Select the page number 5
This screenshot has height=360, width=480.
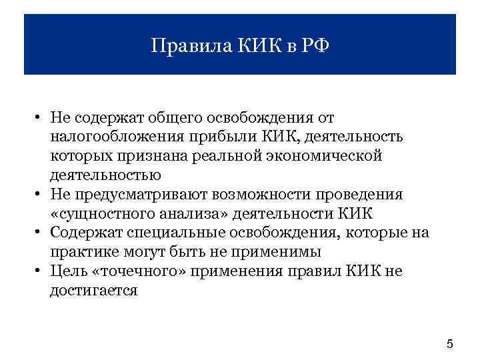449,344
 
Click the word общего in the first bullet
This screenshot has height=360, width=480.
171,117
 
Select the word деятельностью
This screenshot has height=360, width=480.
105,175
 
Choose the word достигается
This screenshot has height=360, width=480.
93,291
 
